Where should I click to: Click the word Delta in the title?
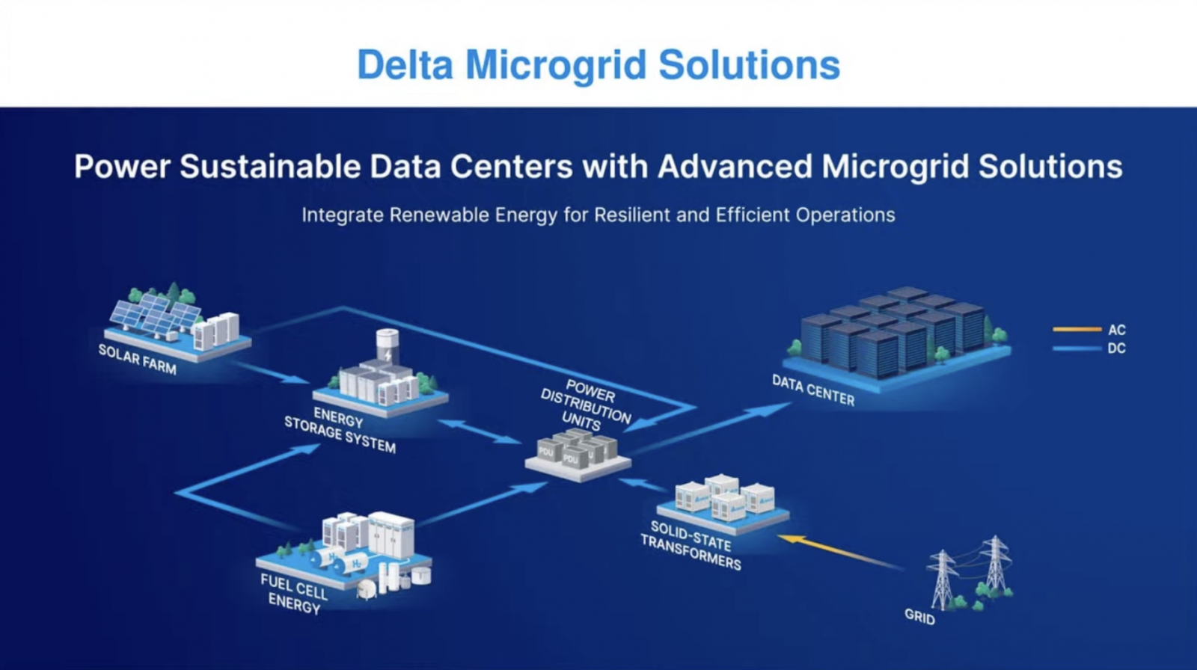click(405, 64)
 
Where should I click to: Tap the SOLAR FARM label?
click(138, 359)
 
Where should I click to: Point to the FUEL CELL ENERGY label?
click(294, 593)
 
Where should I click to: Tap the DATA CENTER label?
click(813, 390)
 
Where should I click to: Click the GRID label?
click(919, 616)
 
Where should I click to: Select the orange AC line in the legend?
click(1077, 329)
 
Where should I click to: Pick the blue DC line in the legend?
click(1077, 348)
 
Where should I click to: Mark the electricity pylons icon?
click(970, 572)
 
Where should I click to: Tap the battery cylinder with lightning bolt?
click(387, 345)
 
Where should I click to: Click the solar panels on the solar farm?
click(156, 314)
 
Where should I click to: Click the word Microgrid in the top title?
click(555, 64)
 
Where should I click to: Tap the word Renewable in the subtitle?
click(437, 215)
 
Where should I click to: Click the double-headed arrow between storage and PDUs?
click(479, 431)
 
